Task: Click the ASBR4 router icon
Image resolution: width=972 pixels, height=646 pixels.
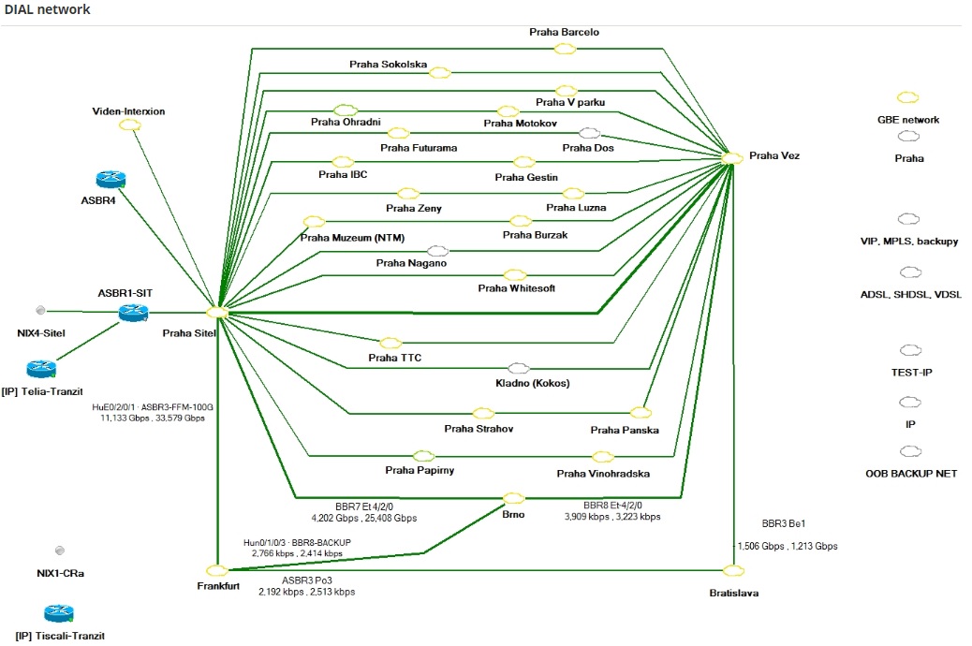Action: coord(110,180)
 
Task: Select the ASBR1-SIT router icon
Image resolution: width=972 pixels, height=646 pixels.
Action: coord(133,314)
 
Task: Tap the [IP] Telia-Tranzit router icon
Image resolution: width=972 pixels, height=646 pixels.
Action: coord(41,369)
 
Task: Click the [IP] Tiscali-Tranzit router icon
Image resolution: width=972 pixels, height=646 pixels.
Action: coord(57,614)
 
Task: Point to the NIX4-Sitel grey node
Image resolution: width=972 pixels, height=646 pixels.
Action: coord(39,310)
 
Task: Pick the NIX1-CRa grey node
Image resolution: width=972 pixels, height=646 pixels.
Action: coord(60,551)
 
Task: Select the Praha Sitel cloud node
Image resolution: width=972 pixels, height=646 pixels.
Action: coord(217,312)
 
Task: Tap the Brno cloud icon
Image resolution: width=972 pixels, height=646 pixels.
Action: coord(513,498)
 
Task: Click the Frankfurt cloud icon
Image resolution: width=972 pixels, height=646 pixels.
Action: coord(217,569)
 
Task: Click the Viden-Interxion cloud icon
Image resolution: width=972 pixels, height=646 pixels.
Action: coord(129,126)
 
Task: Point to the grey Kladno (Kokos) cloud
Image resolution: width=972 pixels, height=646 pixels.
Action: coord(519,369)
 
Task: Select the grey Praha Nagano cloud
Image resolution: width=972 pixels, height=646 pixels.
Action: coord(437,251)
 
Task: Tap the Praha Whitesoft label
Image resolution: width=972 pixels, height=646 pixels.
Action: coord(516,288)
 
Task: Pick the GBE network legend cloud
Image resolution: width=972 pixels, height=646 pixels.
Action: coord(907,97)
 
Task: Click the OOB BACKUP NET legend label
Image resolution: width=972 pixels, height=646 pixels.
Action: coord(910,474)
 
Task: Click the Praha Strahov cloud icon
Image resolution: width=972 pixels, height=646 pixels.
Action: coord(483,413)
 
